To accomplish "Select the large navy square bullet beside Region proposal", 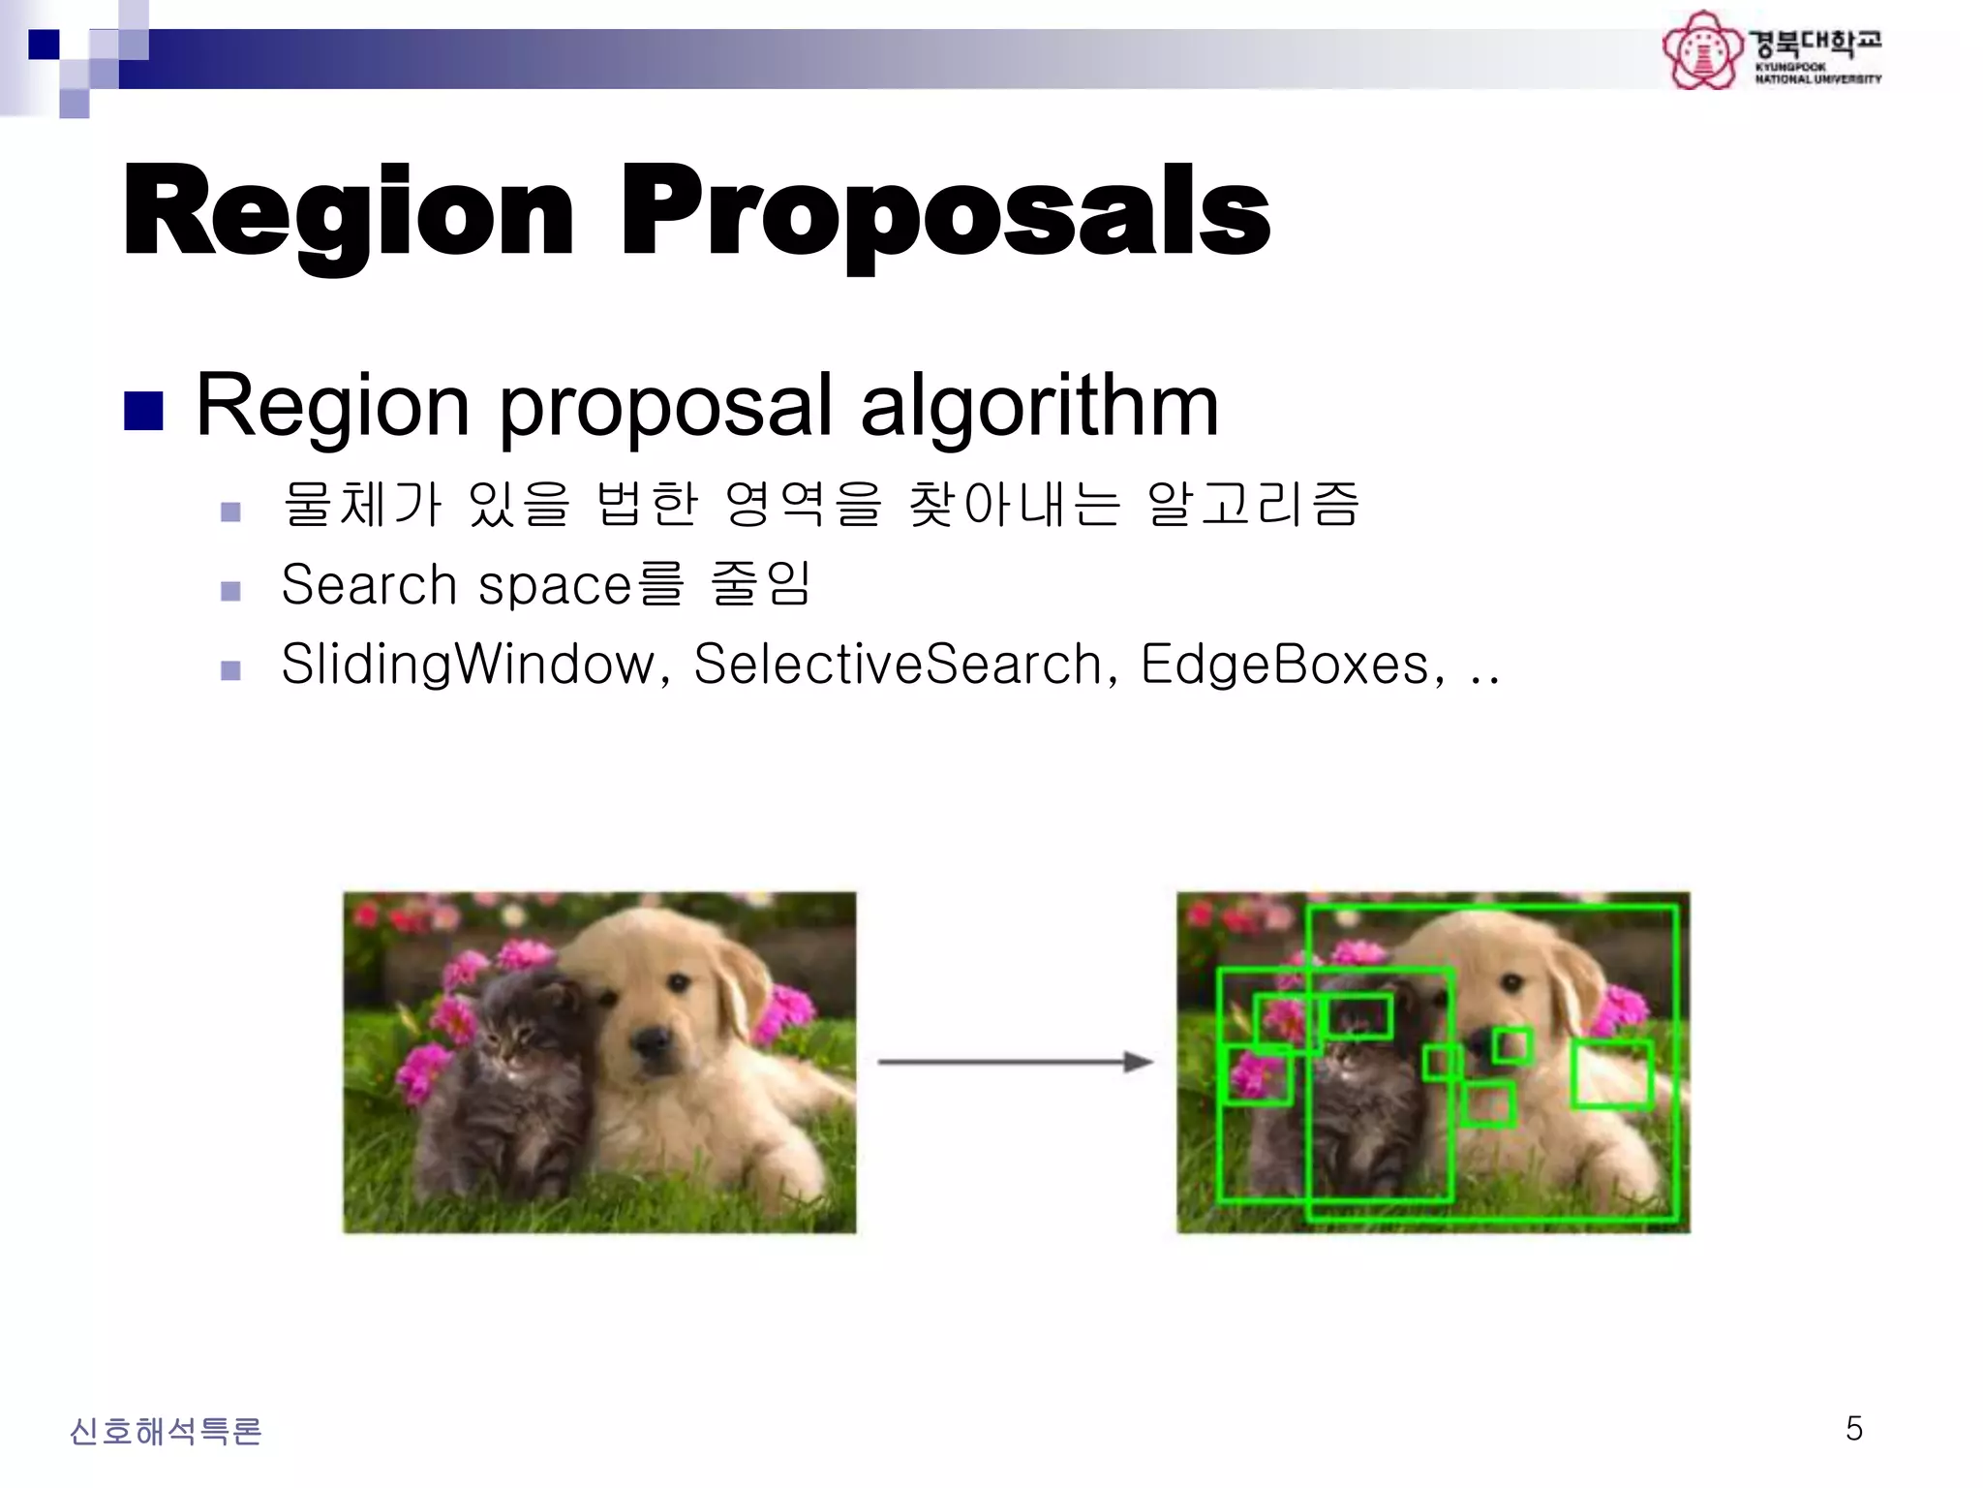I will tap(143, 411).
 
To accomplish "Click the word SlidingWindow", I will tap(469, 665).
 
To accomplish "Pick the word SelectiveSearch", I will tap(899, 665).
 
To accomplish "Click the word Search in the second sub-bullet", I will tap(369, 585).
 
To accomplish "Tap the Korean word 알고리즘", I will tap(1253, 505).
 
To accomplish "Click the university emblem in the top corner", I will tap(1702, 50).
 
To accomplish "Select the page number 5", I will tap(1853, 1429).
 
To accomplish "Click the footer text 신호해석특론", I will tap(166, 1431).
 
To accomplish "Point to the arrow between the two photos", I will tap(1015, 1063).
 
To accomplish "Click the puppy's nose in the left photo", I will tap(651, 1041).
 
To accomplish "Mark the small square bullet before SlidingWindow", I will tap(230, 670).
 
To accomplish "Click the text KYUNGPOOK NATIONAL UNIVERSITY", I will tap(1817, 74).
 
